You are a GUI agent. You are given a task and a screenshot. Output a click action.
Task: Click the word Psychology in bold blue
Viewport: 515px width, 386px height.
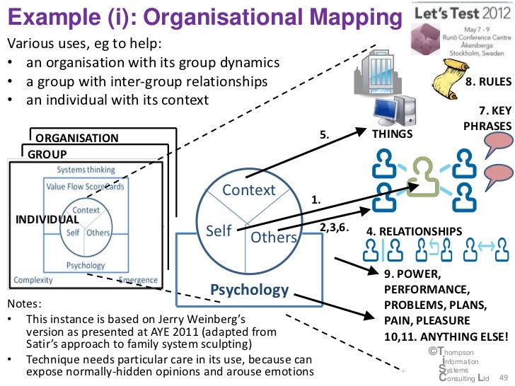pyautogui.click(x=250, y=290)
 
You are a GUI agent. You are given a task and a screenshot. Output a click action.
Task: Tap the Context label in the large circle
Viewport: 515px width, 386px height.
pyautogui.click(x=248, y=190)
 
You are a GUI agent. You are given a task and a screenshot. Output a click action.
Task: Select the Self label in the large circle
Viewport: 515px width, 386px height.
pyautogui.click(x=219, y=231)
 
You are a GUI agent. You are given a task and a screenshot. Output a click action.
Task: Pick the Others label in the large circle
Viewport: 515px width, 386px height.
pyautogui.click(x=273, y=238)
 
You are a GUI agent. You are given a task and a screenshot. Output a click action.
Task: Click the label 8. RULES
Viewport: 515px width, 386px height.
pyautogui.click(x=486, y=82)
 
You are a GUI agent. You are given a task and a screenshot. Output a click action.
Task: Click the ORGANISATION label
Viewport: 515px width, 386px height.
pyautogui.click(x=77, y=138)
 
